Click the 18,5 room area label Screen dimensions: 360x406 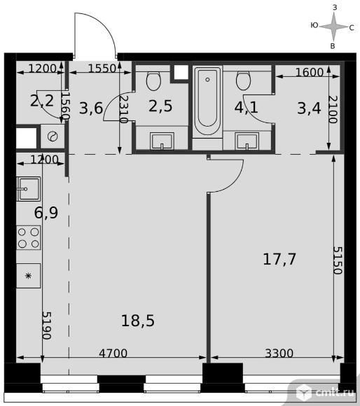pos(138,321)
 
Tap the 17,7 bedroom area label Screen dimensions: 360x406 pos(279,259)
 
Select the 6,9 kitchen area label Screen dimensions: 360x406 pos(46,213)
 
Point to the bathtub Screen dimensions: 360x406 pos(207,101)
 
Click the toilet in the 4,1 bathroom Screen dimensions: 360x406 pos(243,80)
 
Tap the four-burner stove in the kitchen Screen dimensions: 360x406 pos(29,238)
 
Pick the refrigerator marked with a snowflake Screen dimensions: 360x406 pos(29,276)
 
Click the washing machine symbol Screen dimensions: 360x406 pos(53,136)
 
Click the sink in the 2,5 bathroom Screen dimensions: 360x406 pos(162,141)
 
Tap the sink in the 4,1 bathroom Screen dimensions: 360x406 pos(247,141)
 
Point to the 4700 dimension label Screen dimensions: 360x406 pos(113,353)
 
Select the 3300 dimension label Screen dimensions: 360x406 pos(279,353)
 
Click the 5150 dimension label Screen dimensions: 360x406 pos(338,260)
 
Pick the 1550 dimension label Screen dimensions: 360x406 pos(102,69)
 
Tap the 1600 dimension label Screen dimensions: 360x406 pos(310,73)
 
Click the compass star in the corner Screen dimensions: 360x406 pos(334,27)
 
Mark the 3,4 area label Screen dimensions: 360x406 pos(310,108)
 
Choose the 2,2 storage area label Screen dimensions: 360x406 pos(42,101)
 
